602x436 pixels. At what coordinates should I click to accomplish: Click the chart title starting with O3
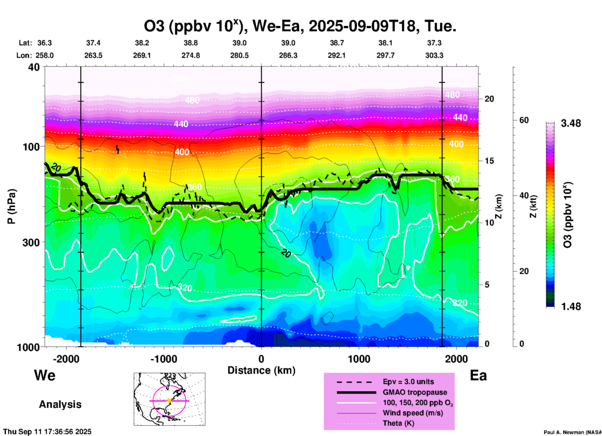(x=300, y=26)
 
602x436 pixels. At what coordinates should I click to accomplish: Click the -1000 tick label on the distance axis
(x=163, y=359)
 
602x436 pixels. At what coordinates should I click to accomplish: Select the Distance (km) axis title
(x=261, y=370)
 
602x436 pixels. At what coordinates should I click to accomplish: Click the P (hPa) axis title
(x=12, y=206)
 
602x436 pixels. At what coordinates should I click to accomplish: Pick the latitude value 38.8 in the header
(x=191, y=43)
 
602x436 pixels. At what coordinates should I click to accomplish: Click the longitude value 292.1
(x=337, y=55)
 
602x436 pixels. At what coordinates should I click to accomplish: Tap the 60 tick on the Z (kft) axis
(x=524, y=120)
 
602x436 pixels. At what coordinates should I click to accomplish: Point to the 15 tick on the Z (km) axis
(x=489, y=161)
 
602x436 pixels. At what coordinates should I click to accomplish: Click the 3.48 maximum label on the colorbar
(x=571, y=124)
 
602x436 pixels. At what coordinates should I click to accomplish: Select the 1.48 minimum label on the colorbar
(x=571, y=307)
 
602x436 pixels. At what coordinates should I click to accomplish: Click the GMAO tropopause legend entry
(x=415, y=392)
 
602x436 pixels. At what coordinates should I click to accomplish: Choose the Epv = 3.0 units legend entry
(x=408, y=382)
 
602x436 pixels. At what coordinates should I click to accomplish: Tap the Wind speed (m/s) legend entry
(x=413, y=413)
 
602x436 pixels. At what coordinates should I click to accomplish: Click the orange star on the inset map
(x=169, y=401)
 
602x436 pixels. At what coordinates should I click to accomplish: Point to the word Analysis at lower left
(x=60, y=404)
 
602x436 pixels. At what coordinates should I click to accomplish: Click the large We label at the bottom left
(x=45, y=375)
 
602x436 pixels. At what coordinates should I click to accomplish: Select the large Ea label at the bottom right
(x=478, y=375)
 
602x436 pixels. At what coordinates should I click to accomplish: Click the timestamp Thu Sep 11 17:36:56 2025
(x=48, y=432)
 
